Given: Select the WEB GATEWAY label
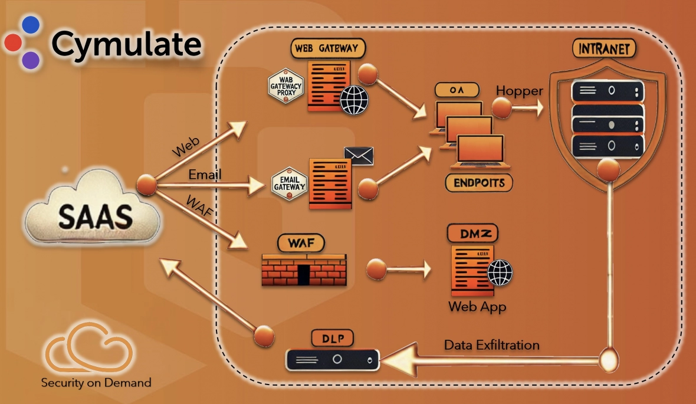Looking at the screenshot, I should (x=329, y=48).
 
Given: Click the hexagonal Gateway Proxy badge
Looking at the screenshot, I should (x=285, y=87).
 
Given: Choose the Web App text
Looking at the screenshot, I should (x=477, y=307).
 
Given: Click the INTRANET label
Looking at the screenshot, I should (x=604, y=49).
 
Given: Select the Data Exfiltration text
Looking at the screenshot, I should (x=491, y=344).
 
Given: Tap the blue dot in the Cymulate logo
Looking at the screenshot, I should (x=30, y=24).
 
